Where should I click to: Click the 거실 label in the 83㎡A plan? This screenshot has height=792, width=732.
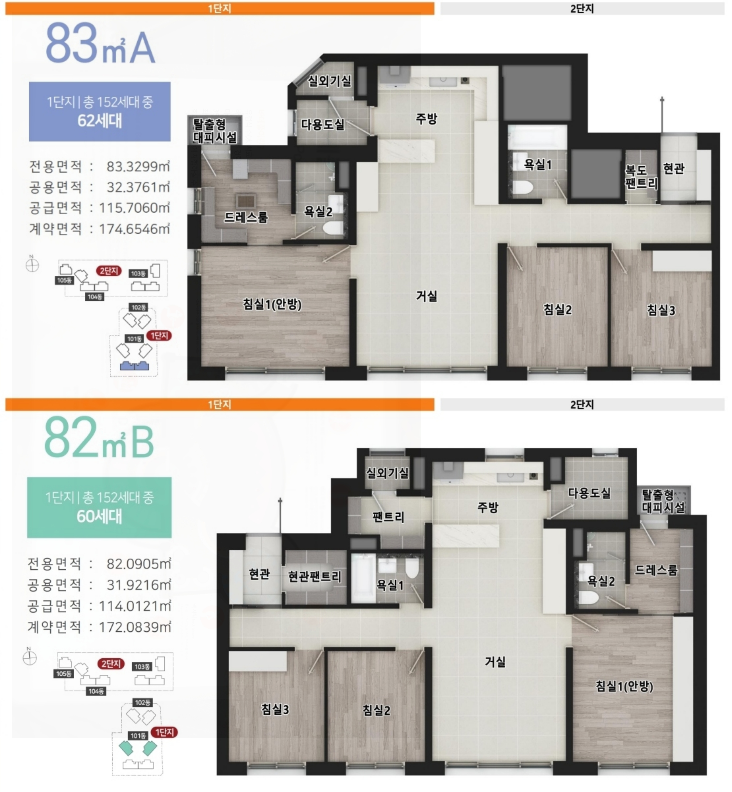[x=427, y=296]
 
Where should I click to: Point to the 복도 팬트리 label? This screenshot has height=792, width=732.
[x=641, y=177]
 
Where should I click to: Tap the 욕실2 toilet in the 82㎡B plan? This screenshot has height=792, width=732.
[x=589, y=598]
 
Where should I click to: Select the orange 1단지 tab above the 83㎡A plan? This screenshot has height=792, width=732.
[x=220, y=9]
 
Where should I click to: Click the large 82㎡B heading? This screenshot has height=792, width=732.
[x=99, y=438]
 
